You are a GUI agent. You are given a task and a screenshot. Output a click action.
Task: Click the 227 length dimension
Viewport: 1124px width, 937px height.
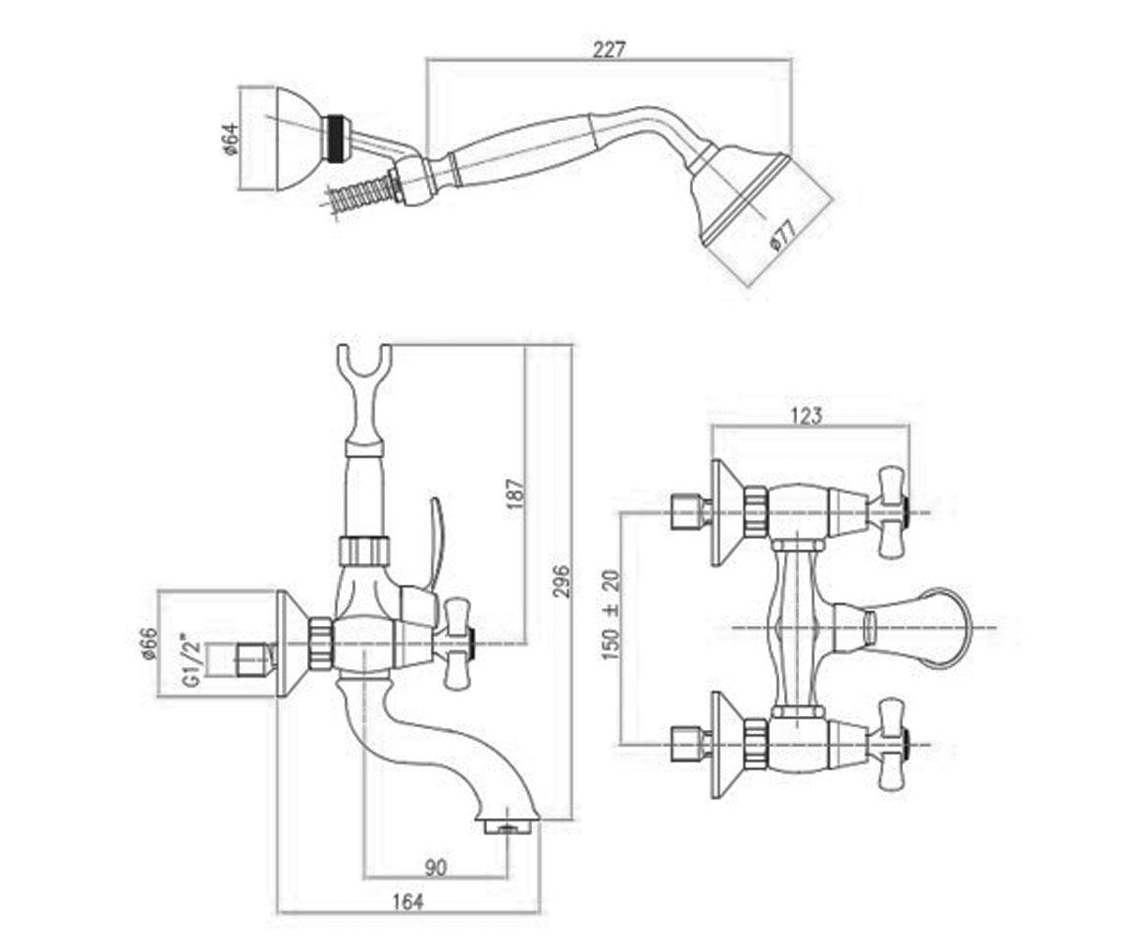point(610,50)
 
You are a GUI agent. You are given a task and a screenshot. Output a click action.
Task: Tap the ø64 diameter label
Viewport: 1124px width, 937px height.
point(229,140)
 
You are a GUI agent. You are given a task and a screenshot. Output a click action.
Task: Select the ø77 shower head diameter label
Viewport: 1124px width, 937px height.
point(781,235)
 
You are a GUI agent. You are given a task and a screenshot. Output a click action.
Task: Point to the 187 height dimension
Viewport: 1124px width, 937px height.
point(515,493)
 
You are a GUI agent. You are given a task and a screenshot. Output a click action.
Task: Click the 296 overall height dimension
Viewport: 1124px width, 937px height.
point(561,581)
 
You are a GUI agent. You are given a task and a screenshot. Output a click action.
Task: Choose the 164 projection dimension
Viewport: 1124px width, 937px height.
point(407,901)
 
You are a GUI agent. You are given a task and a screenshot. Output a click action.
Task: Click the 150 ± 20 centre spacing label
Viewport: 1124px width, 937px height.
point(611,616)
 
